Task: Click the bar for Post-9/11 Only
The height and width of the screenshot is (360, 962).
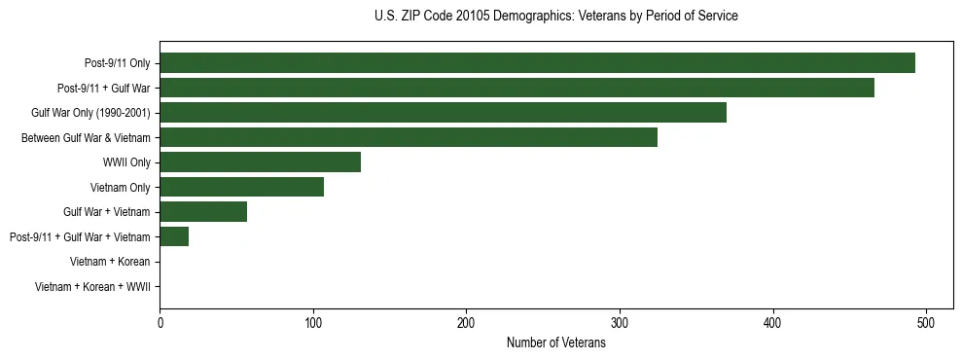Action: tap(537, 63)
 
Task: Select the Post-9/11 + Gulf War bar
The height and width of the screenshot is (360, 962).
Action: tap(517, 88)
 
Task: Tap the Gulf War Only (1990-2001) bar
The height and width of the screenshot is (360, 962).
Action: tap(443, 113)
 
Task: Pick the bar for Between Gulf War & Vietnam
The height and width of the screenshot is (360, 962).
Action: tap(409, 137)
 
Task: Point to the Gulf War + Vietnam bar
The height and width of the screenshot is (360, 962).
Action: tap(203, 211)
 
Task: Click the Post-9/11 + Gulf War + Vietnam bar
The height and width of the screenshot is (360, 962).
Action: tap(174, 236)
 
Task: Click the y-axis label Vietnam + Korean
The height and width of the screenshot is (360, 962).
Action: tap(110, 262)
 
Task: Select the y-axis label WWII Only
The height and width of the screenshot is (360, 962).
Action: tap(126, 162)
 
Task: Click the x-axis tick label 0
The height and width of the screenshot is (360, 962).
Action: tap(160, 322)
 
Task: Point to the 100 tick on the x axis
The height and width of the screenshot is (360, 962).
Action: tap(313, 322)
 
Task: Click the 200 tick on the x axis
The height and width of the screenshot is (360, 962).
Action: tap(466, 322)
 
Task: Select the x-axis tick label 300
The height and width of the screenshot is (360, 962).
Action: tap(620, 322)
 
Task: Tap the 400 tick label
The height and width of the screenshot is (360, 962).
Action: tap(773, 322)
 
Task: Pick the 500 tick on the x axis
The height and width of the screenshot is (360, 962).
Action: tap(926, 322)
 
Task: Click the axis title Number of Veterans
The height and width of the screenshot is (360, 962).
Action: tap(555, 342)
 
